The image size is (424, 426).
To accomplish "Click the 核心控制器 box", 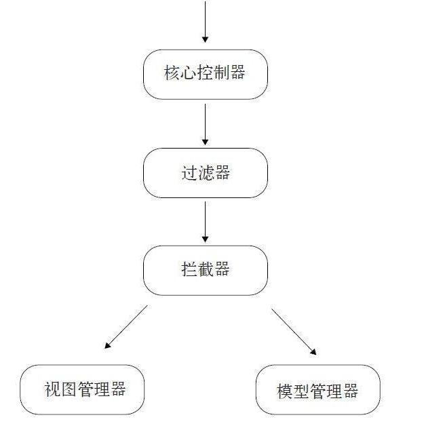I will click(x=205, y=74).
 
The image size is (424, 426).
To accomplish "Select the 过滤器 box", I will click(x=205, y=173).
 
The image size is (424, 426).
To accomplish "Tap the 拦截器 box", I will click(x=205, y=270).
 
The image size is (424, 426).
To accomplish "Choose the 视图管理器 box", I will click(x=82, y=389).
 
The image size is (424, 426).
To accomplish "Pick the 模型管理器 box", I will click(x=317, y=390).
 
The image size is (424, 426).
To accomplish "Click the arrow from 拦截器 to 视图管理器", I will click(x=126, y=327).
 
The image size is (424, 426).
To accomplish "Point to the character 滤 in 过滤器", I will click(x=206, y=173).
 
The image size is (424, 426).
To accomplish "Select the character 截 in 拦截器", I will click(x=206, y=270).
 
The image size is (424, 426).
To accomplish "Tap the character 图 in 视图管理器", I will click(x=69, y=389).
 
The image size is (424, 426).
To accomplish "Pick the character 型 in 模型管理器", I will click(x=301, y=391).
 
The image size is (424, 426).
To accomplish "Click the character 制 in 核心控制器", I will click(x=221, y=73).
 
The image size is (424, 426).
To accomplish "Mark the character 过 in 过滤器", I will click(x=189, y=173).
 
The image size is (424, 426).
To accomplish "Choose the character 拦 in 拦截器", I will click(x=189, y=270).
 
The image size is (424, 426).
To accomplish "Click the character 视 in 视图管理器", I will click(x=52, y=389).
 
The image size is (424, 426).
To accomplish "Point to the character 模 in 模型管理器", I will click(x=285, y=391).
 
